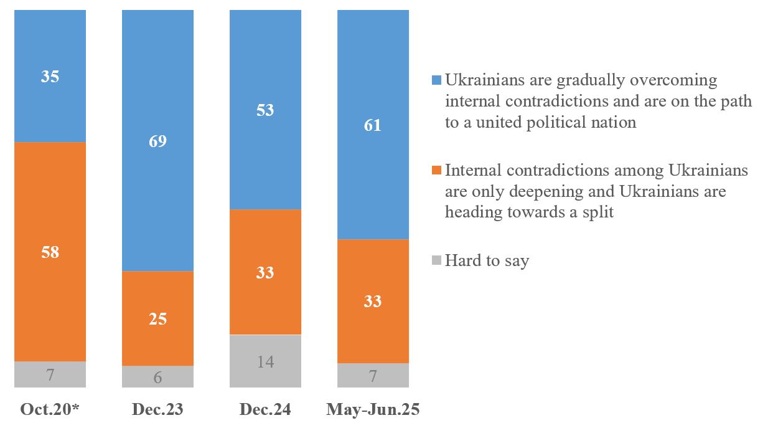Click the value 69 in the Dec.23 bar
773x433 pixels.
[157, 141]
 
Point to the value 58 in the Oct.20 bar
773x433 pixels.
[50, 252]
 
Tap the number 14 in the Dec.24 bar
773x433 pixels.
[265, 362]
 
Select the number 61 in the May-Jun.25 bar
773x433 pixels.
[373, 126]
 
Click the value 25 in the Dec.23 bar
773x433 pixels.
[157, 319]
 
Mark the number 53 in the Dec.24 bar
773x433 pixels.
[265, 110]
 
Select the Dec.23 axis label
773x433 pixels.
[157, 409]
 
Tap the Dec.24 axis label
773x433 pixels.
[265, 409]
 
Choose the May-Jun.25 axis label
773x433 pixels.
[373, 409]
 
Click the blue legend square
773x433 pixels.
[436, 80]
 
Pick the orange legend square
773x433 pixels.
[436, 170]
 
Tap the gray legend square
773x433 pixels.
[436, 260]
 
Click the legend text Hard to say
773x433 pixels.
[487, 260]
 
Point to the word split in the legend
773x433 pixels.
[596, 212]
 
